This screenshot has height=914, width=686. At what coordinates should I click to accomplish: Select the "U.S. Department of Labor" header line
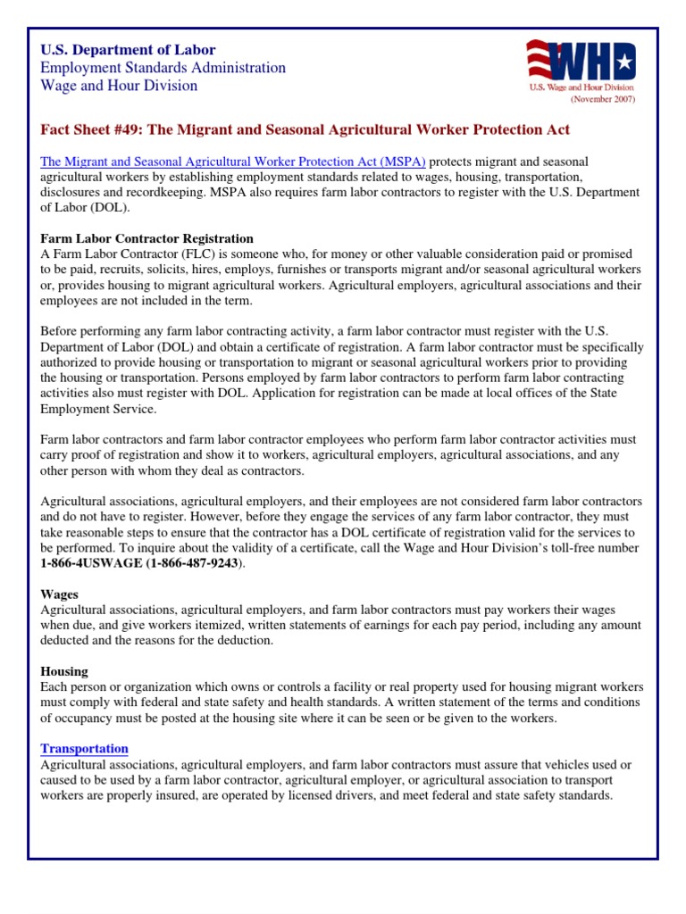click(x=129, y=50)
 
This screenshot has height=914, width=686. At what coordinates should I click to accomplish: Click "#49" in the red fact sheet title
click(x=125, y=129)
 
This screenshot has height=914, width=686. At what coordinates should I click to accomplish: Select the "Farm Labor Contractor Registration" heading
click(x=147, y=238)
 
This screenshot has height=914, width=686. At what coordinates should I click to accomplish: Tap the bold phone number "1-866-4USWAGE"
click(x=89, y=563)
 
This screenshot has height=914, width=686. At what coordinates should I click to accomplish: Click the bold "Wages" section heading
click(x=60, y=594)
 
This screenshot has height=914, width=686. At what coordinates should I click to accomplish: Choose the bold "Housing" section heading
click(x=65, y=671)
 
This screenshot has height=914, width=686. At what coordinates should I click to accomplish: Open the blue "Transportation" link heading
click(x=85, y=748)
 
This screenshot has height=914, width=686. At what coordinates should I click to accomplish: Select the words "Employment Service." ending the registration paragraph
click(x=99, y=408)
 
